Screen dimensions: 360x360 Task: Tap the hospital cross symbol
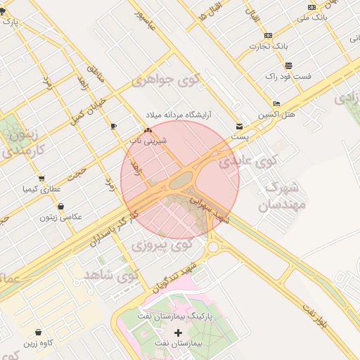pos(177,333)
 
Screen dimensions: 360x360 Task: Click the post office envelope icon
pos(240,127)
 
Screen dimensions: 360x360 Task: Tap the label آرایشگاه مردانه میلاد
pos(179,114)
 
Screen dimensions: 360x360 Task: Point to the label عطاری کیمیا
pos(41,188)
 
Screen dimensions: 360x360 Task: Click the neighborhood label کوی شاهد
pos(112,273)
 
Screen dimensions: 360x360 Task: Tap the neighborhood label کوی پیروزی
pos(162,245)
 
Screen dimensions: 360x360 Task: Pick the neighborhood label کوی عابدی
pos(247,161)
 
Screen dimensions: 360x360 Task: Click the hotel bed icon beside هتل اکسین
pos(276,103)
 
